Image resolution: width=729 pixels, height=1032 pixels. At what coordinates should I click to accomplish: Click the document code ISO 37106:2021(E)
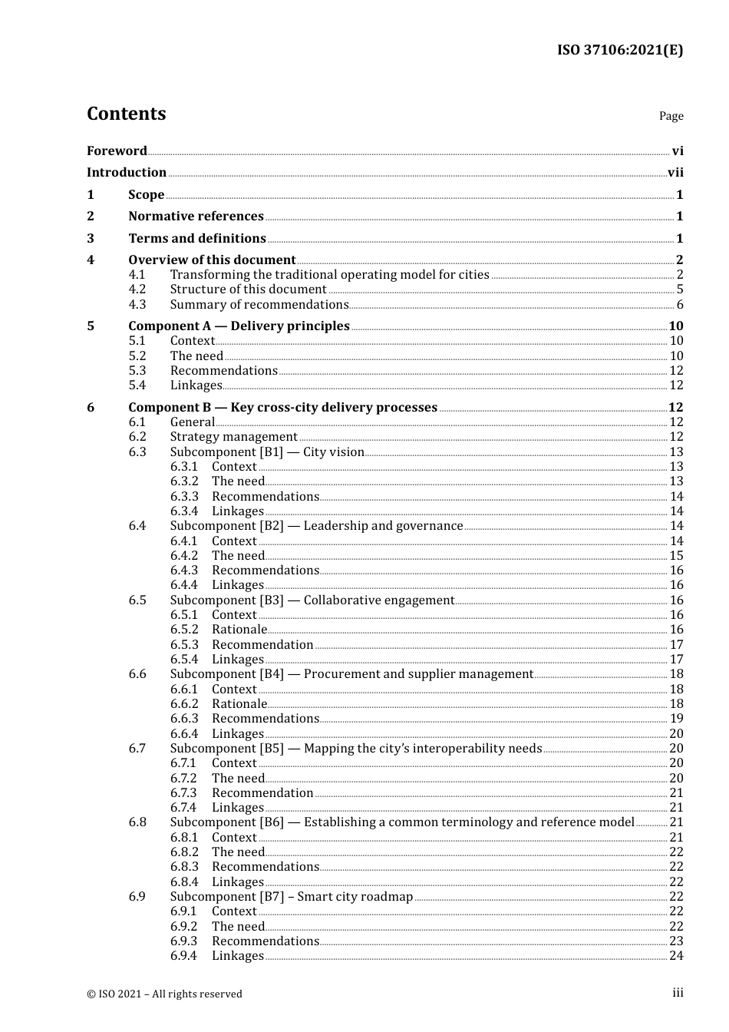pyautogui.click(x=619, y=50)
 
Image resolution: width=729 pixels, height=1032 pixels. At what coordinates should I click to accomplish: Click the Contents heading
pyautogui.click(x=126, y=114)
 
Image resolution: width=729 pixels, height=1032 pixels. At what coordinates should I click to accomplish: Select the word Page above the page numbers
pyautogui.click(x=671, y=116)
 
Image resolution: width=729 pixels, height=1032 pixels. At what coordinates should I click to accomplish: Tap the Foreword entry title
pyautogui.click(x=117, y=150)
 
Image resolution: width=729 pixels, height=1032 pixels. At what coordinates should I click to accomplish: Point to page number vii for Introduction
pyautogui.click(x=675, y=173)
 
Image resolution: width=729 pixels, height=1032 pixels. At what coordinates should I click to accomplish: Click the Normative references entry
pyautogui.click(x=196, y=217)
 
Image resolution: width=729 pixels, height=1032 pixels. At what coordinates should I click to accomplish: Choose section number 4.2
pyautogui.click(x=137, y=289)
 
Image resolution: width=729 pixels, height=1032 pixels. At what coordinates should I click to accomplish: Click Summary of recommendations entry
pyautogui.click(x=259, y=305)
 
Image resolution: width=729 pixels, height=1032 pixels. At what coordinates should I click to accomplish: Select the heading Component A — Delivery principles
pyautogui.click(x=239, y=326)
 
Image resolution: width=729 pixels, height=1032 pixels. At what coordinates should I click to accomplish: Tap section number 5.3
pyautogui.click(x=137, y=371)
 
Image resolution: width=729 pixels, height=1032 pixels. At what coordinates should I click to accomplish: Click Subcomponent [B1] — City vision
pyautogui.click(x=267, y=452)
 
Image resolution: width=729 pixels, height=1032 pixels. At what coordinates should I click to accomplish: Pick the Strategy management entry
pyautogui.click(x=233, y=437)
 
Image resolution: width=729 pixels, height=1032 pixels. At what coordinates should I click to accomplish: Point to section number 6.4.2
pyautogui.click(x=184, y=556)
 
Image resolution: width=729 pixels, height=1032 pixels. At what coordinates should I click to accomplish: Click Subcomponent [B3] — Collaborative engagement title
pyautogui.click(x=312, y=600)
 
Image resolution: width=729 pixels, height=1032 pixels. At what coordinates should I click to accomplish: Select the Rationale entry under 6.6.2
pyautogui.click(x=239, y=704)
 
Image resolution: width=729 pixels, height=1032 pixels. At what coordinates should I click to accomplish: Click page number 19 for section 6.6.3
pyautogui.click(x=676, y=719)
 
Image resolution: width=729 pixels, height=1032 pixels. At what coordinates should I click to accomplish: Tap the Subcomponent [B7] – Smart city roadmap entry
pyautogui.click(x=291, y=897)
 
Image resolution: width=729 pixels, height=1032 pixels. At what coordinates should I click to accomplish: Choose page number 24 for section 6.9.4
pyautogui.click(x=676, y=956)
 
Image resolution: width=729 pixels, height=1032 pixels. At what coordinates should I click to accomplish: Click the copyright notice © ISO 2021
pyautogui.click(x=164, y=994)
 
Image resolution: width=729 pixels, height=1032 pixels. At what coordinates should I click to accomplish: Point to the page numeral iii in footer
pyautogui.click(x=678, y=993)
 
